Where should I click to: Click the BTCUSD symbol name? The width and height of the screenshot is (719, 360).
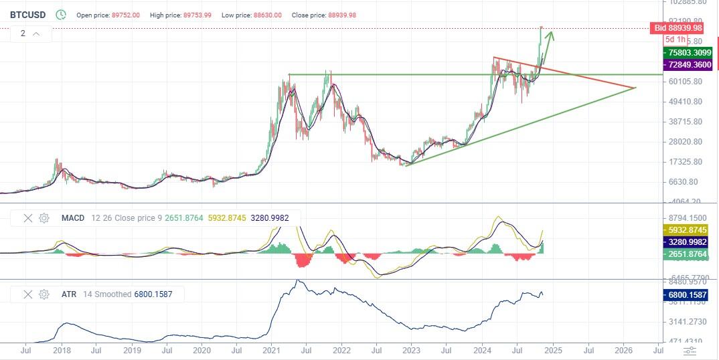coord(28,15)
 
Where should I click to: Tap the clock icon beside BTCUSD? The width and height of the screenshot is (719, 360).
coord(61,15)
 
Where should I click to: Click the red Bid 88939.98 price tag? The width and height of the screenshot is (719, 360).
coord(677,28)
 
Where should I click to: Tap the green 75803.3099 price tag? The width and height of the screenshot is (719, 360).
coord(685,52)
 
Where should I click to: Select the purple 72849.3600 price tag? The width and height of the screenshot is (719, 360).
coord(685,65)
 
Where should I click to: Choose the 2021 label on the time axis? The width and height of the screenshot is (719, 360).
coord(272,350)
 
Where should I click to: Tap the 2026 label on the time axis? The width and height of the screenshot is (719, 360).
coord(623,350)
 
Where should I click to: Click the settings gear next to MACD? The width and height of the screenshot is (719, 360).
coord(44,218)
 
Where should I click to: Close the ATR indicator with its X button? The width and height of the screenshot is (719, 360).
coord(28,294)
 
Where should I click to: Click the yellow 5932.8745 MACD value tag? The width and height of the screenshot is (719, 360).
coord(685,230)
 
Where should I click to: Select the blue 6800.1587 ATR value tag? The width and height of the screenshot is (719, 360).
coord(685,295)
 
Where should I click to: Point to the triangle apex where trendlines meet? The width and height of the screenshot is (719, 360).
coord(635,88)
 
